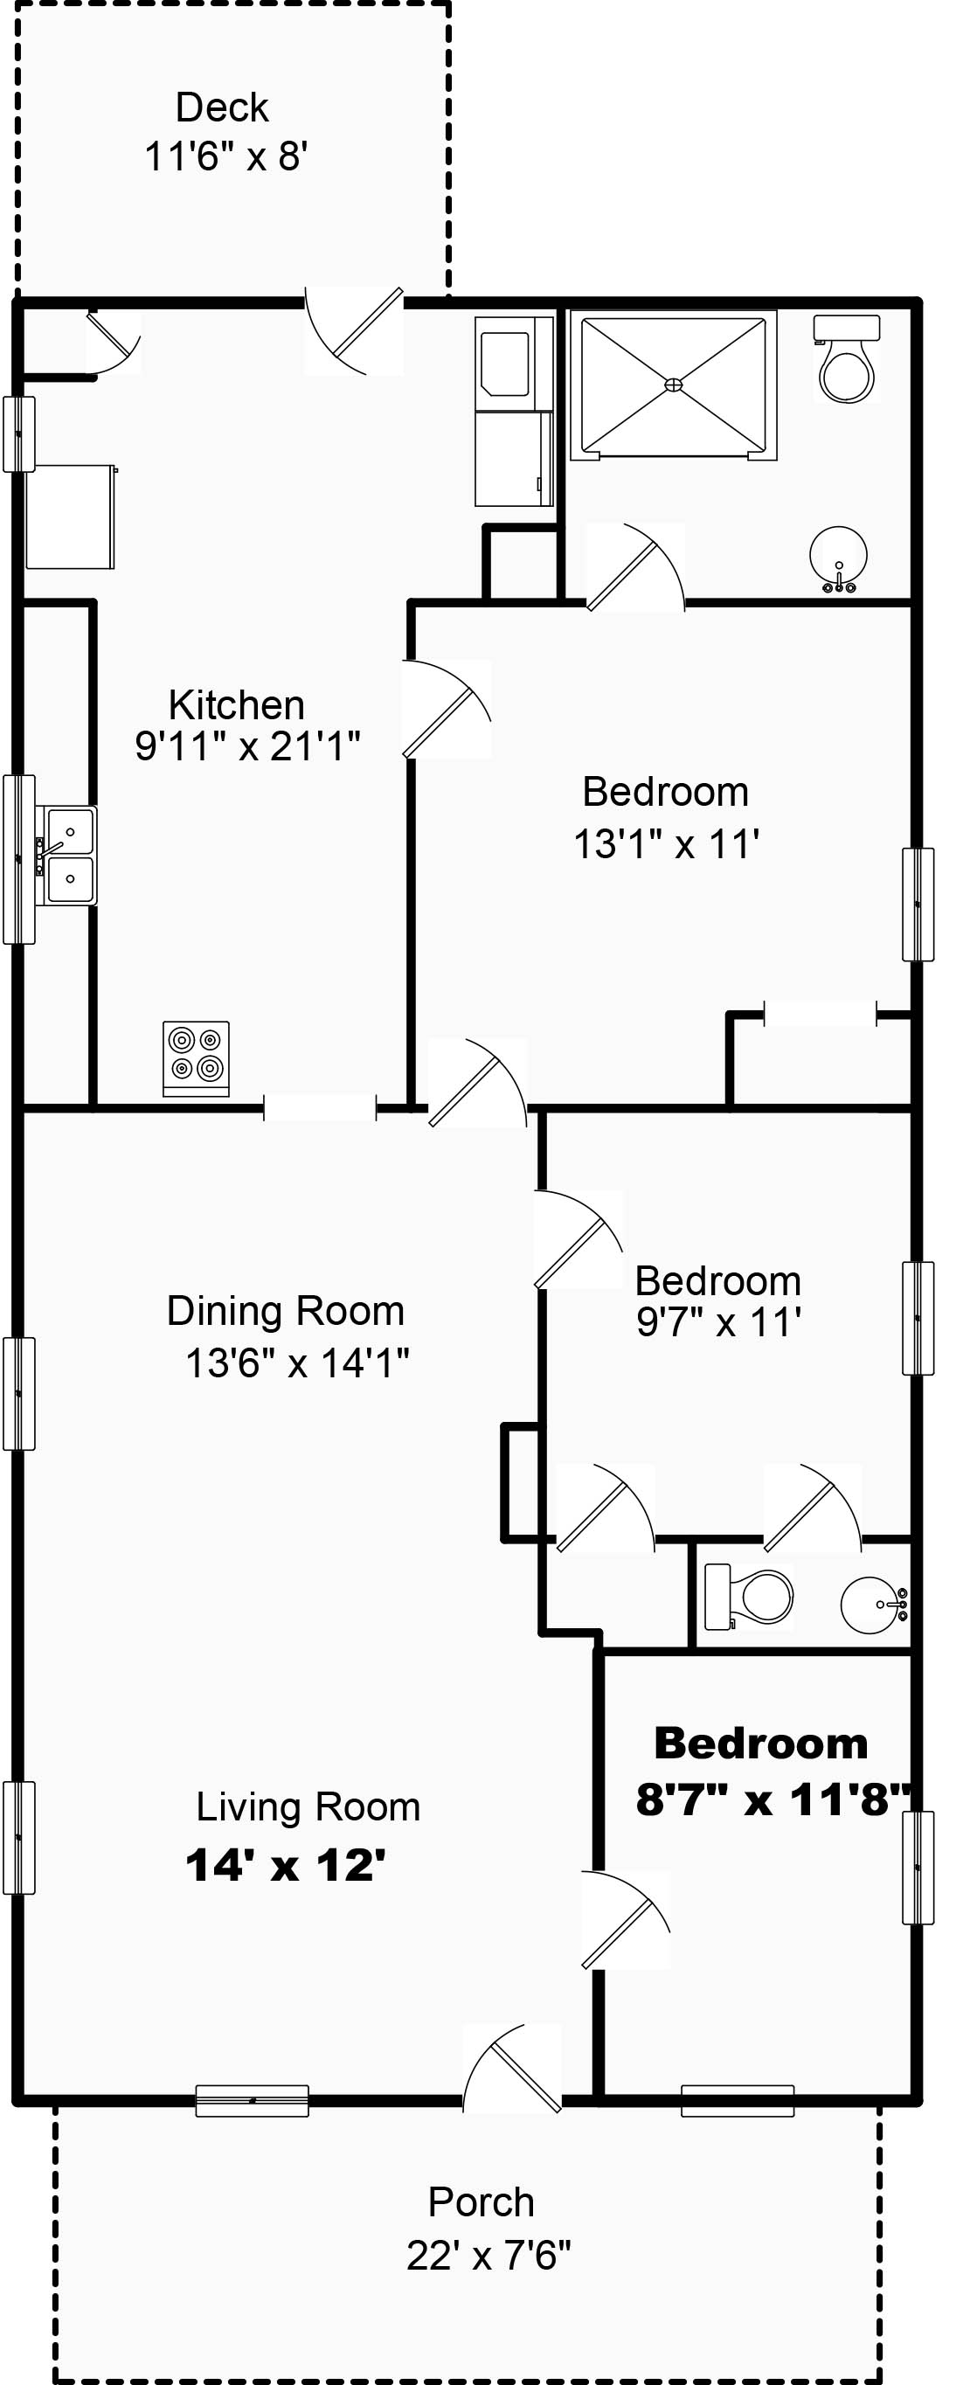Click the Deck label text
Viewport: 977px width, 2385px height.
tap(222, 108)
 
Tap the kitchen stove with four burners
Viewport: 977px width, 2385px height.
tap(197, 1058)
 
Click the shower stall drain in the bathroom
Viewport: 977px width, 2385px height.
tap(674, 385)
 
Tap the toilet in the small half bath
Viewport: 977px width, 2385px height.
tap(750, 1596)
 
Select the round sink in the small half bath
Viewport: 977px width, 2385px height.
tap(872, 1605)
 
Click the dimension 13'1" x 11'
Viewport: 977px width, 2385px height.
tap(666, 844)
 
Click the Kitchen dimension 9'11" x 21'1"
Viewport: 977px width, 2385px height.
tap(247, 746)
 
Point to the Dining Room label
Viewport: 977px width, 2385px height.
tap(285, 1311)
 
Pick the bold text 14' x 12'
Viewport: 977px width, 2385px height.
tap(285, 1865)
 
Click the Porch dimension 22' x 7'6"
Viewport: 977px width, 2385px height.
tap(488, 2256)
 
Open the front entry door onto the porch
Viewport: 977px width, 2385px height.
tap(512, 2066)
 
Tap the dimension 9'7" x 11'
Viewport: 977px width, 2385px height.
tap(718, 1322)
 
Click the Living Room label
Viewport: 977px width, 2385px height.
tap(308, 1807)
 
